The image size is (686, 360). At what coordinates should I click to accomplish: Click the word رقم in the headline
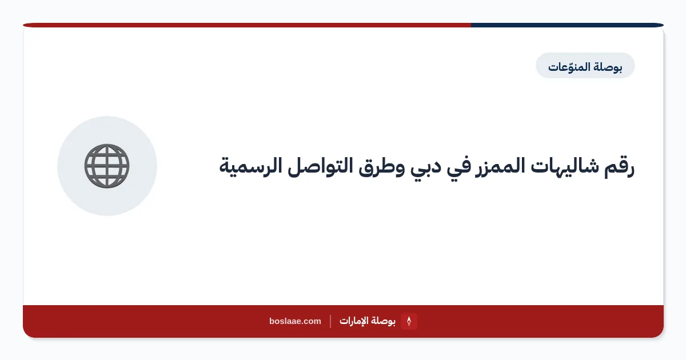(619, 167)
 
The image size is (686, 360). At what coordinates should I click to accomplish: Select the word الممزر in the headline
(500, 167)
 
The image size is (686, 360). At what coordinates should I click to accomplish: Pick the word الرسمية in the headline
(250, 167)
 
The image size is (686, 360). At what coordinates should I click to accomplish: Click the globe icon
(107, 166)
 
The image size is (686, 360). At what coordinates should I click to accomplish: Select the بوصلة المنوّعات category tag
(585, 66)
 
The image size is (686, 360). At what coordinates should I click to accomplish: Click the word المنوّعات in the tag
(569, 66)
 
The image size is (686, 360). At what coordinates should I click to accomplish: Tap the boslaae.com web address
(295, 321)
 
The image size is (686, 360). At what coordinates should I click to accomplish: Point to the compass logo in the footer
(409, 321)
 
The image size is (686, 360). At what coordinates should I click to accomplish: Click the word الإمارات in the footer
(354, 321)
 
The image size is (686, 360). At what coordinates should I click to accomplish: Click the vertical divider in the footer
(330, 321)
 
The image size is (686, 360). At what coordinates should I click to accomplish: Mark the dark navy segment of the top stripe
(567, 25)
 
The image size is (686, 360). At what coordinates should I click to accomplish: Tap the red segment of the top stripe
(247, 25)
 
